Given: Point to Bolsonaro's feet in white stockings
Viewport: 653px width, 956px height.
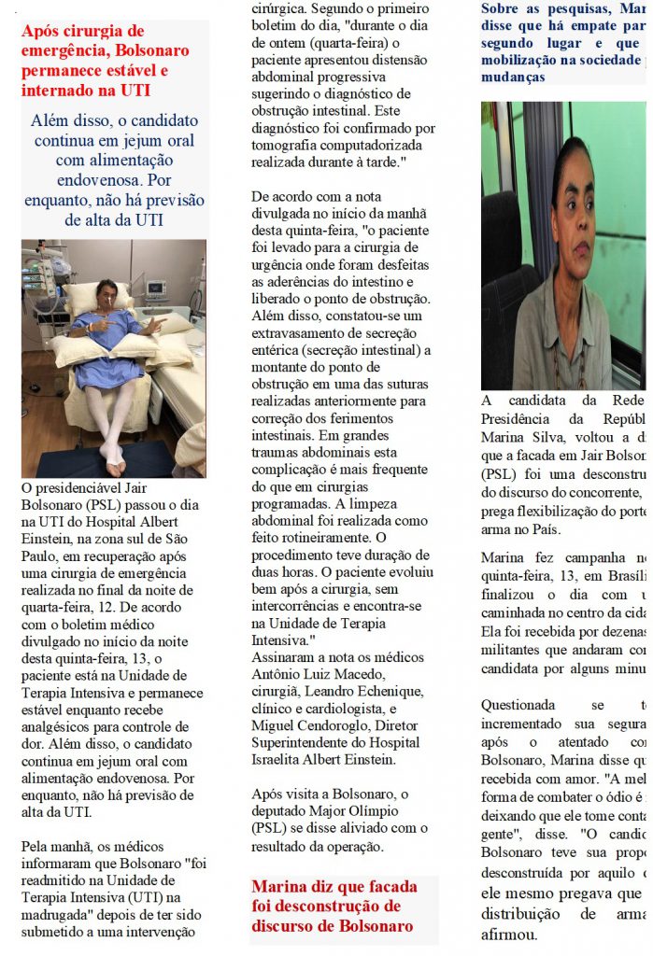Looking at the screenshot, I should point(114,457).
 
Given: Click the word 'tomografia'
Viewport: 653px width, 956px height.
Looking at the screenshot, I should point(289,145).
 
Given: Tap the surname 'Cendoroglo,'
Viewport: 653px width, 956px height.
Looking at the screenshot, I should point(339,724).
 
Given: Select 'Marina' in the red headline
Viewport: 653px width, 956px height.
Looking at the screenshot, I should point(280,885).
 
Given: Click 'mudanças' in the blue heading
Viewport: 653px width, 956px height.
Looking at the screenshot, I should point(514,77).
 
